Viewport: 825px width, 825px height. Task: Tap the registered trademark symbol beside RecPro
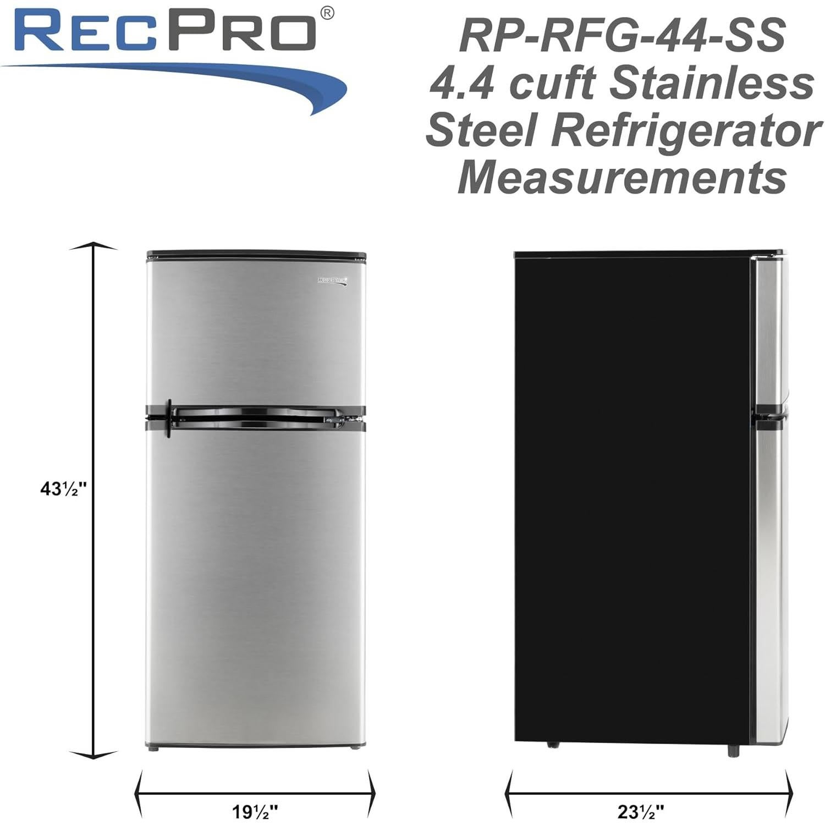(x=327, y=13)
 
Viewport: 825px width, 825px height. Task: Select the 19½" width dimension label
(x=254, y=811)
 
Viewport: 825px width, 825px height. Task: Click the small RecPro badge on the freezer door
(x=334, y=280)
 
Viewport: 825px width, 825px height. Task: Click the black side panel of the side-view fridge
(x=632, y=495)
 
